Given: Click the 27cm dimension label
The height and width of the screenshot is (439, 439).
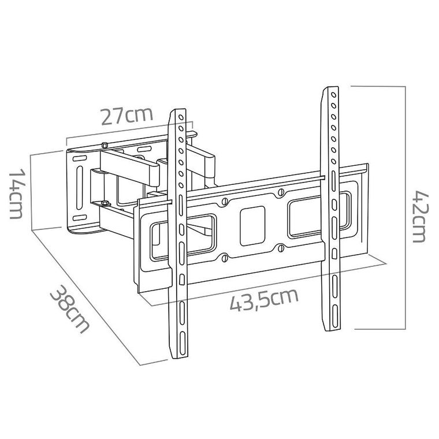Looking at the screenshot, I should click(x=127, y=115).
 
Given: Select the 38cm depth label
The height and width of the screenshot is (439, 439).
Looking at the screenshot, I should click(x=70, y=309).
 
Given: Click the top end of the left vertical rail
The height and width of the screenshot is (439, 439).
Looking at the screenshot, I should click(x=178, y=111).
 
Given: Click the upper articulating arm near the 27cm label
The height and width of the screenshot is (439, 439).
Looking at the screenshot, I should click(x=130, y=163).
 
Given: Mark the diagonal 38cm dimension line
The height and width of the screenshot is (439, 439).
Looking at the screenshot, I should click(x=87, y=295).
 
